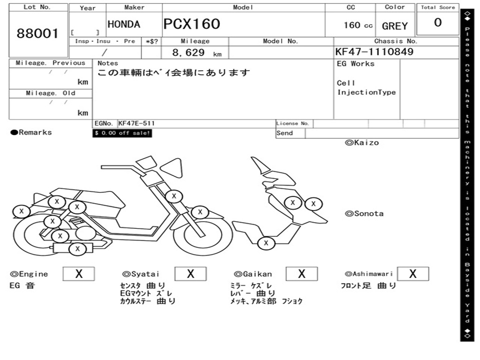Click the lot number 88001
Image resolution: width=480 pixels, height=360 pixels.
37,33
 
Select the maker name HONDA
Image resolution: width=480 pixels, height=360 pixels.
124,24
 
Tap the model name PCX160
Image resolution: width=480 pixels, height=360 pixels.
192,24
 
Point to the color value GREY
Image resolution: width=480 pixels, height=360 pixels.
395,26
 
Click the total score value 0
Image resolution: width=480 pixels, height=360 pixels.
438,22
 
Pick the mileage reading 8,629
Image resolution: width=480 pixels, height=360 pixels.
188,52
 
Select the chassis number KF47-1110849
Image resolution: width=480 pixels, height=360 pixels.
374,52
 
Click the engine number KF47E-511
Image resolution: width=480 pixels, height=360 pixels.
136,123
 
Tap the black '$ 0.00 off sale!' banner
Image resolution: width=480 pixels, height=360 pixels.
122,133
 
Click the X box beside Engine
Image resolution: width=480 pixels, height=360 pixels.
79,274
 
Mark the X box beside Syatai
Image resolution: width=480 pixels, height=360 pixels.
190,274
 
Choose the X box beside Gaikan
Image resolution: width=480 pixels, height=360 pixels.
301,274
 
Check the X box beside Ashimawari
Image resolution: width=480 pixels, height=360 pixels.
412,274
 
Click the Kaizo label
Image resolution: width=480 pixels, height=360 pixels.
362,142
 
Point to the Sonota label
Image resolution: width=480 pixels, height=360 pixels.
364,214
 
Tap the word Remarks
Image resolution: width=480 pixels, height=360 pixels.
35,132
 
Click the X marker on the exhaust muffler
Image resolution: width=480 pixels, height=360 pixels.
77,249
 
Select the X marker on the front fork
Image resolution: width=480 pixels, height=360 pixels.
200,211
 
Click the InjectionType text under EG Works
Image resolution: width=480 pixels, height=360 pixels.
367,92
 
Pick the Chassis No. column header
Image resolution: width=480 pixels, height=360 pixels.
396,41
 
